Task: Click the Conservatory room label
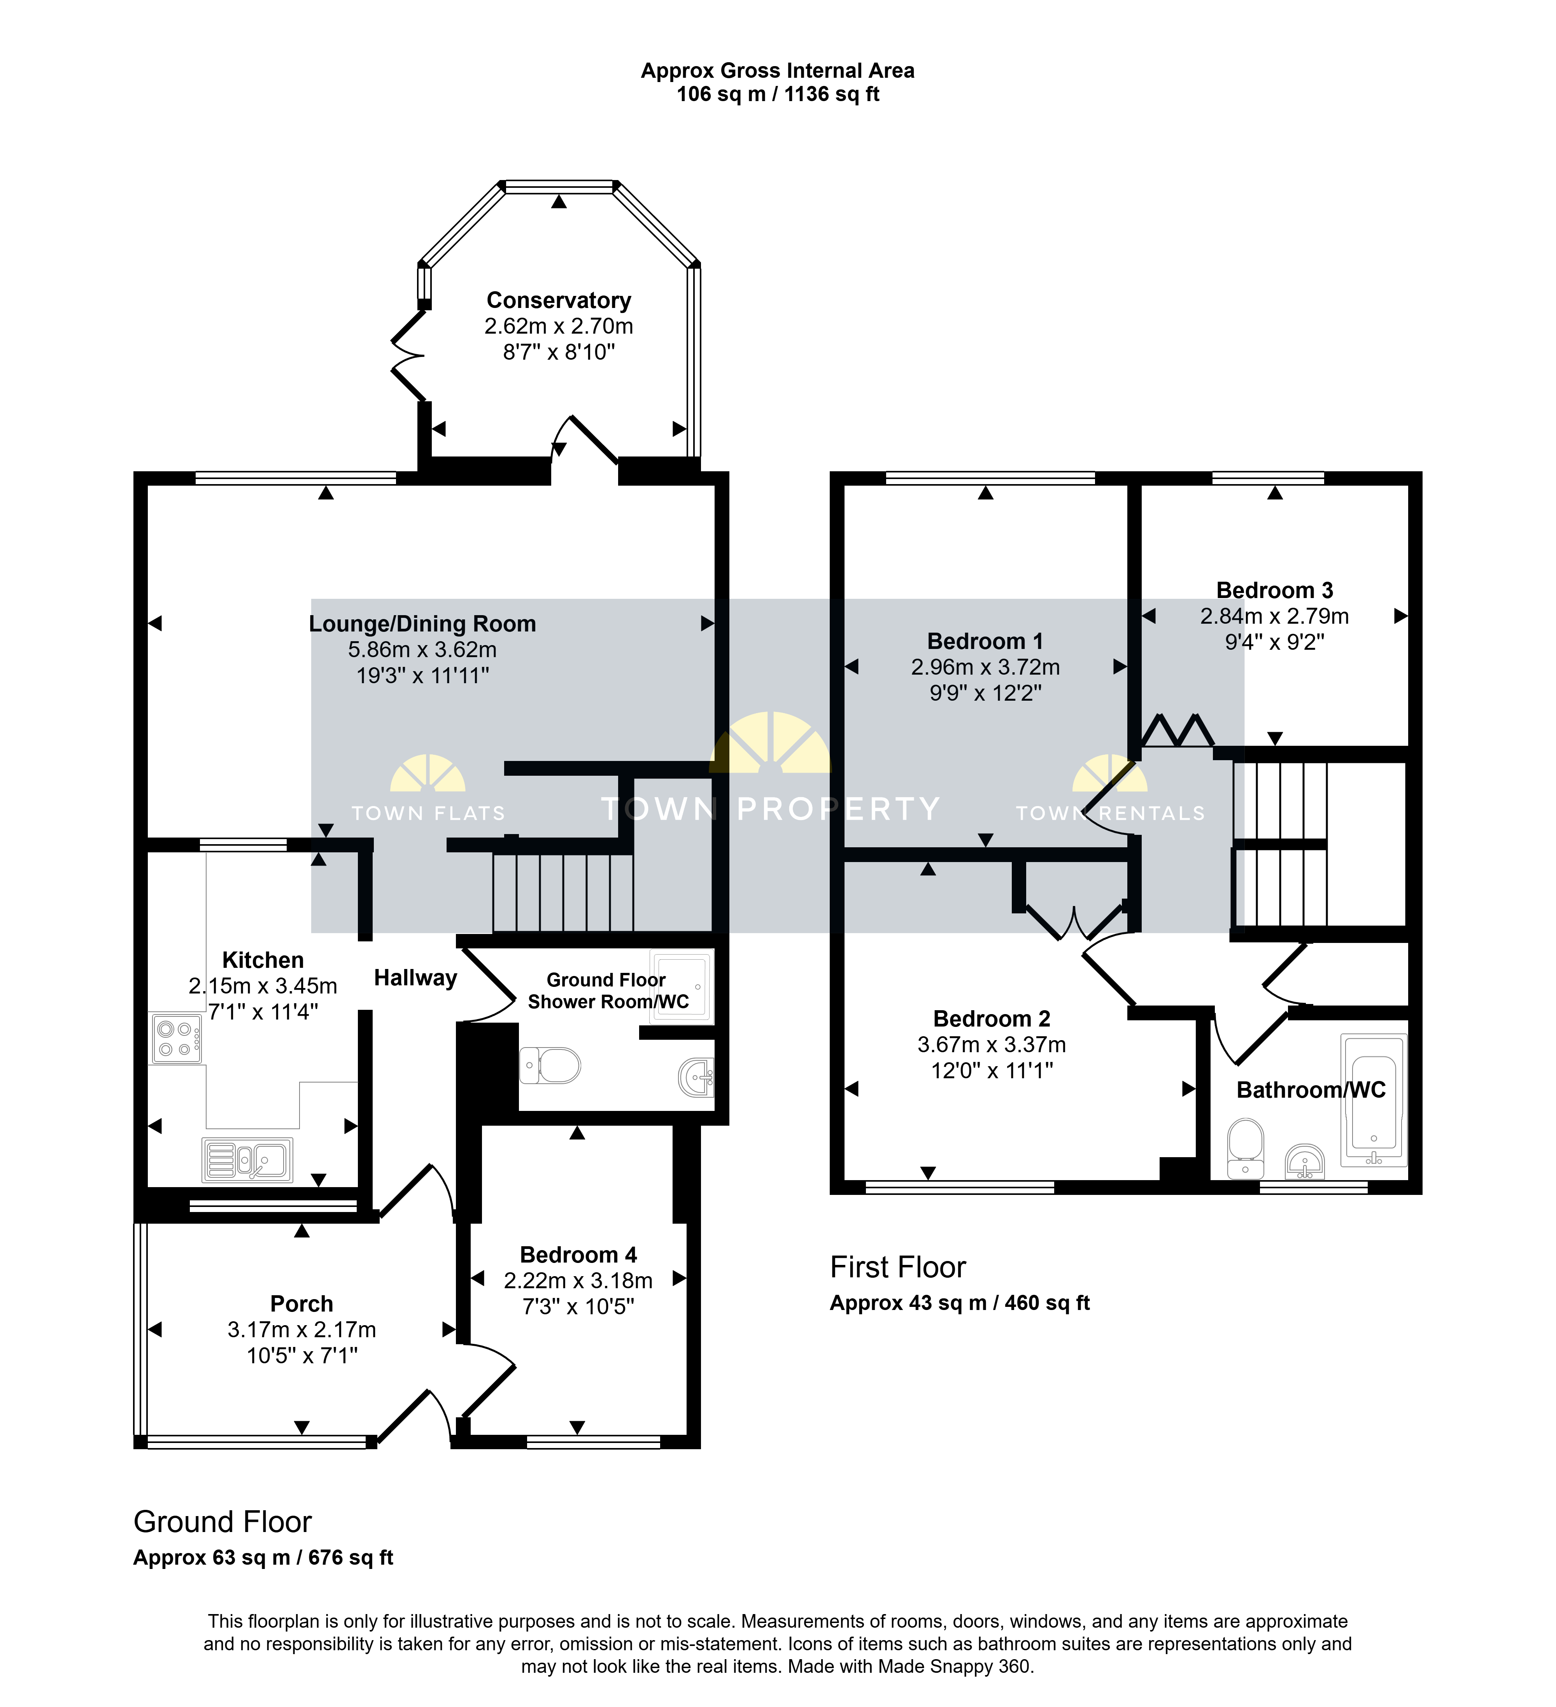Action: point(559,301)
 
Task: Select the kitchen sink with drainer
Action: point(247,1159)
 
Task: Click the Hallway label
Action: point(416,978)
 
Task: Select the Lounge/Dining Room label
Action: point(423,624)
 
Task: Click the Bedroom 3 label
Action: point(1275,590)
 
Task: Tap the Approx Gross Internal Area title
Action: point(778,71)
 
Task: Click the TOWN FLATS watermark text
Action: point(429,814)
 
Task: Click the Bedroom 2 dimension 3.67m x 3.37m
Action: point(992,1045)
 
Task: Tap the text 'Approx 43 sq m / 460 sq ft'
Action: point(960,1303)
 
